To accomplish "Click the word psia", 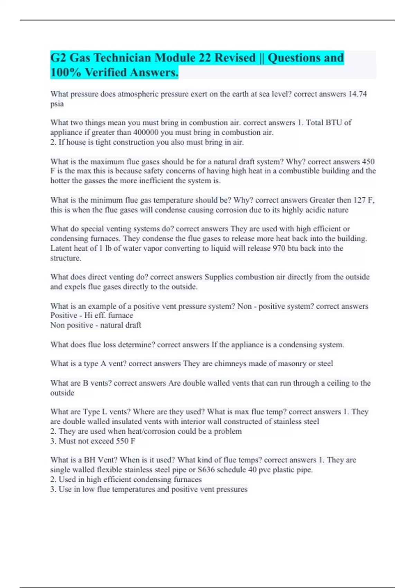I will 57,104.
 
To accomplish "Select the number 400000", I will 146,132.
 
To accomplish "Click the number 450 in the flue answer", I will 368,162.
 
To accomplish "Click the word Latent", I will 61,248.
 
